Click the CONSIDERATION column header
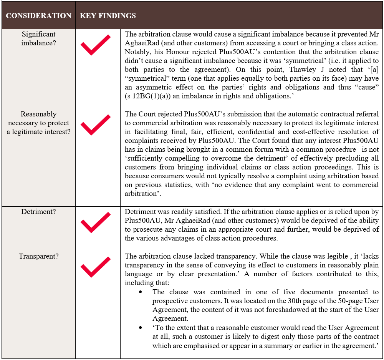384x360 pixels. tap(38, 16)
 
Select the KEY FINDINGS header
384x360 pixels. tap(108, 16)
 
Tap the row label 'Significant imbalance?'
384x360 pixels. tap(38, 38)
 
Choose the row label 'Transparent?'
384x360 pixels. tap(38, 256)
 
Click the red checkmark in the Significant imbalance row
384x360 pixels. tap(95, 45)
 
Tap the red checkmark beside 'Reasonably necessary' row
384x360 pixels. tap(95, 125)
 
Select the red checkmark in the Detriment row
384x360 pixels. tap(95, 222)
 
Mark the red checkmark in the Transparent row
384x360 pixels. tap(95, 266)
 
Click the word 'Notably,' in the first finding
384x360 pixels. tap(137, 52)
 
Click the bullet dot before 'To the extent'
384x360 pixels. tap(143, 328)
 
